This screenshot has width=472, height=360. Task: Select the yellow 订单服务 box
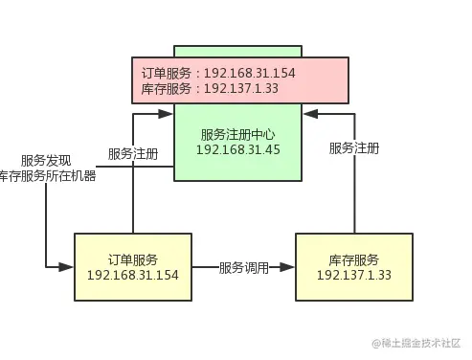133,267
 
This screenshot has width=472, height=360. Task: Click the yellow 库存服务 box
354,267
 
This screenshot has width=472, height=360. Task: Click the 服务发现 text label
47,161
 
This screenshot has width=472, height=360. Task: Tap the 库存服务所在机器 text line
47,176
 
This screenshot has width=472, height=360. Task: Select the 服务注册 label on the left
133,153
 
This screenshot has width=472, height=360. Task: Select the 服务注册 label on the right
353,148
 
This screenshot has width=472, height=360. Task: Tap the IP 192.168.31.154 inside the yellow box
133,276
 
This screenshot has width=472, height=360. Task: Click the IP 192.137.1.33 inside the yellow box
354,276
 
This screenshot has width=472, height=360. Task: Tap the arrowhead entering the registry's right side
308,113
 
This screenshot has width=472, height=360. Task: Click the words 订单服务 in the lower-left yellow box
133,259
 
